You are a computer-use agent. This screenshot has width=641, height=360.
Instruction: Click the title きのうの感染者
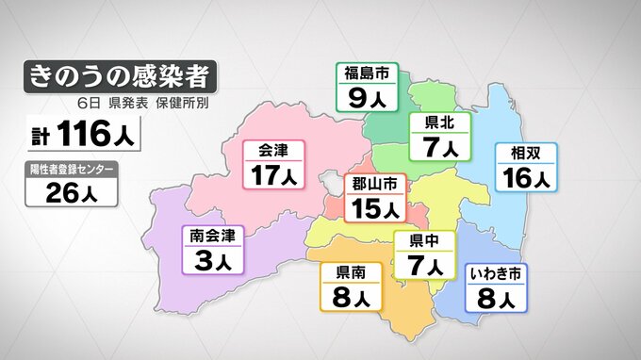coord(118,74)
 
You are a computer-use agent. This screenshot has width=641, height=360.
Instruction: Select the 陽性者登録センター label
coord(73,170)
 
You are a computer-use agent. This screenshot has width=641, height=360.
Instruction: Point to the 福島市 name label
coord(367,73)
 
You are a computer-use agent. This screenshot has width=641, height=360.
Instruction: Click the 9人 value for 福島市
coord(367,95)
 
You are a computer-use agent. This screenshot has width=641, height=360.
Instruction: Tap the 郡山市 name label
coord(374,182)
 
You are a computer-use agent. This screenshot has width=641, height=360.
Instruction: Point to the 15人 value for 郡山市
coord(374,206)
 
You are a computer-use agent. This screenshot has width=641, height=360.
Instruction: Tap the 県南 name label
coord(351,273)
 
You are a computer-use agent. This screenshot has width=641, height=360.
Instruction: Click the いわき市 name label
coord(497,274)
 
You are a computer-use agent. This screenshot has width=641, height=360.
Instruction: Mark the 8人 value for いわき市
coord(497,299)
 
